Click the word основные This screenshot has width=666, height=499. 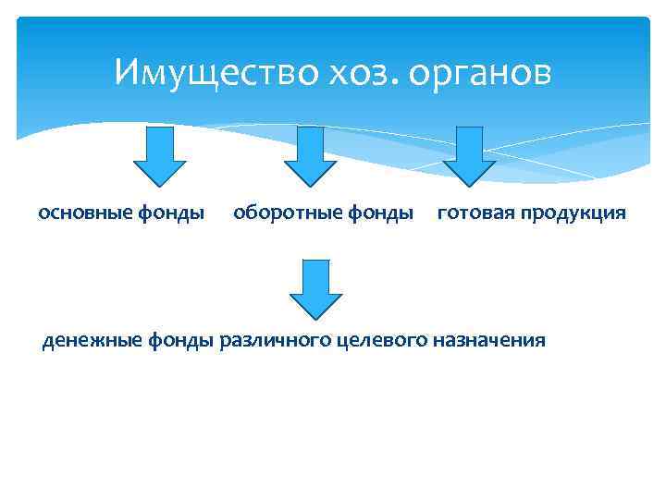pyautogui.click(x=85, y=213)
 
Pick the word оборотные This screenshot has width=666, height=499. pyautogui.click(x=283, y=213)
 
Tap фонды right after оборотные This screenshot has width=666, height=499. pyautogui.click(x=379, y=213)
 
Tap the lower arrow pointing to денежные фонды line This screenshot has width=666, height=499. pyautogui.click(x=315, y=289)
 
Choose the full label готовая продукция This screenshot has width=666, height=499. pyautogui.click(x=531, y=214)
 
